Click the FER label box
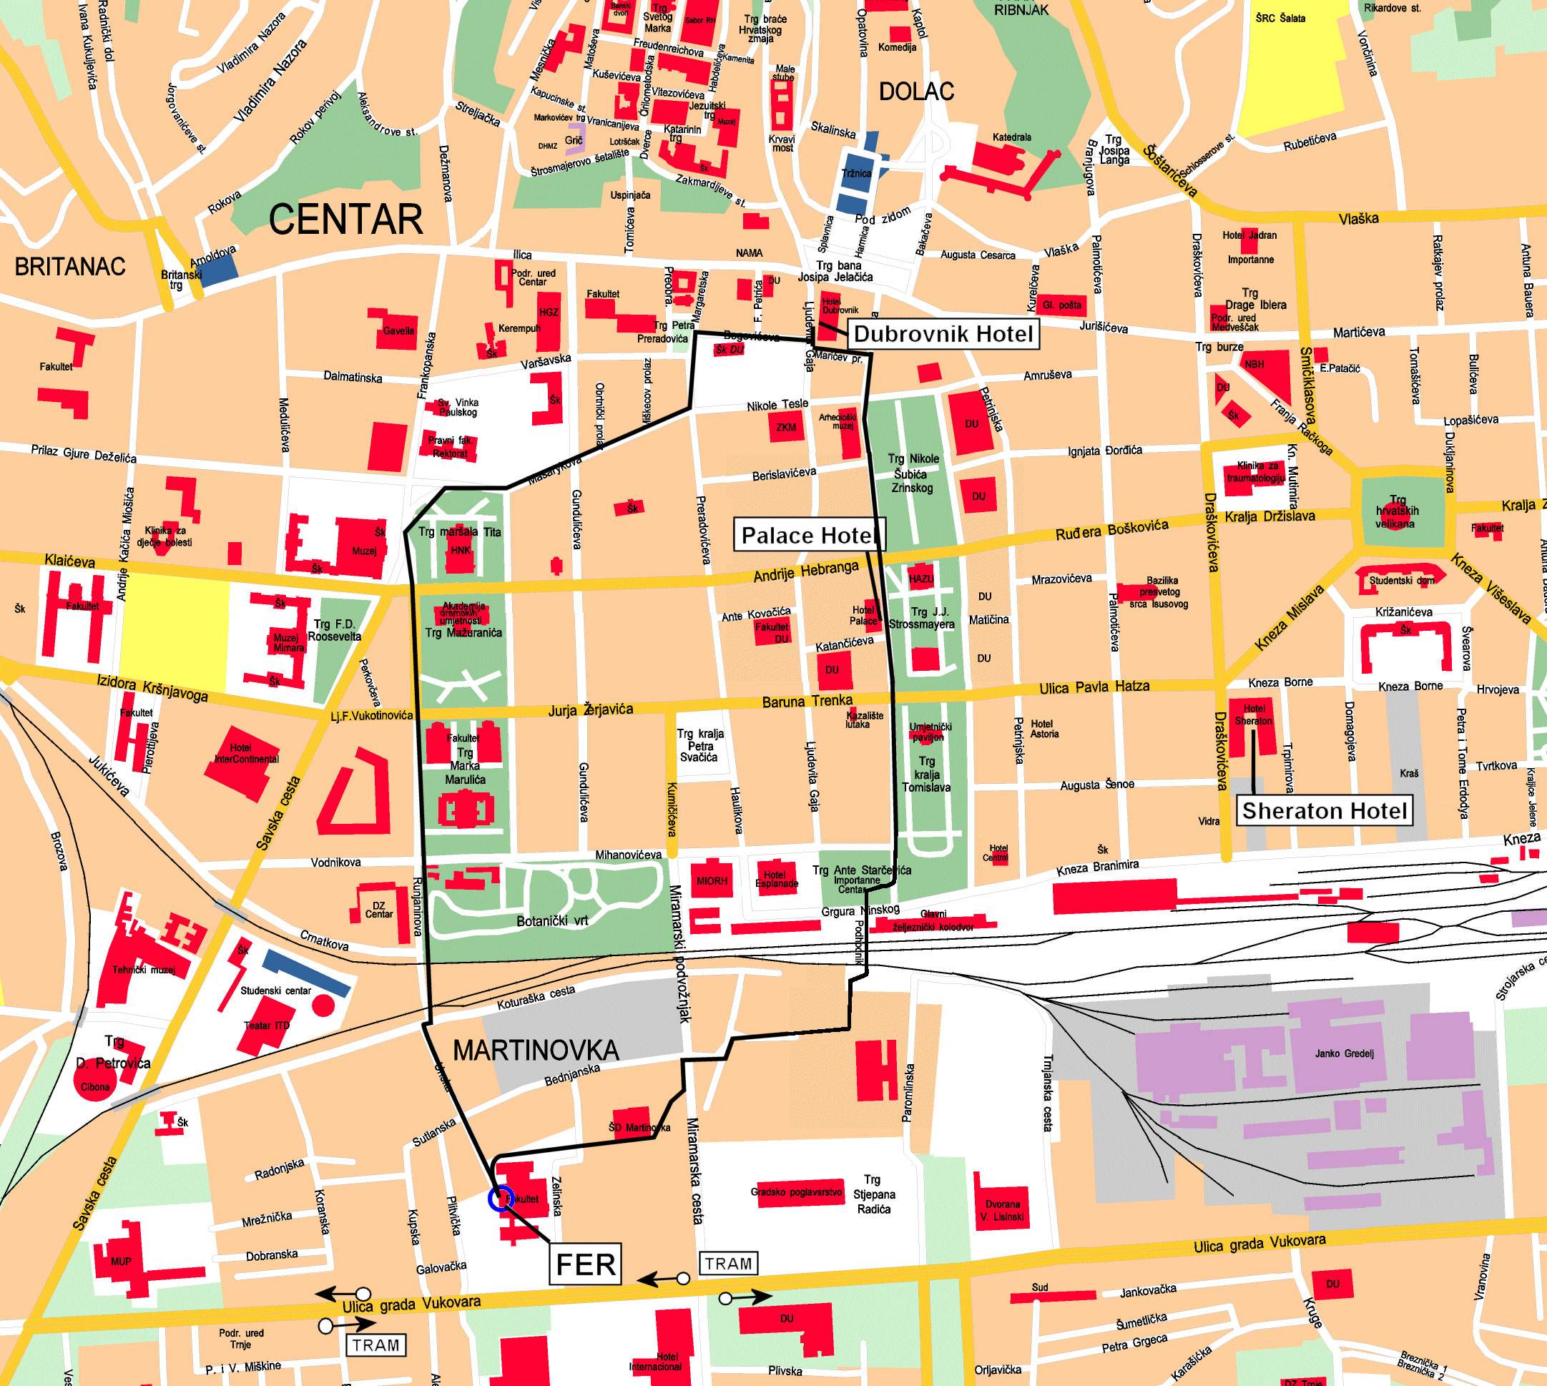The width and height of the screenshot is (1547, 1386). click(x=585, y=1264)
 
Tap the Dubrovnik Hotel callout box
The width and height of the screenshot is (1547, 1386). click(x=943, y=333)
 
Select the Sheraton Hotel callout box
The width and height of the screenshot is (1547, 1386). click(x=1325, y=810)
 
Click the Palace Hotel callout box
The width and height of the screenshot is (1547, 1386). click(x=807, y=536)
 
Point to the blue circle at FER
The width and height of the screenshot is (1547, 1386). click(x=501, y=1198)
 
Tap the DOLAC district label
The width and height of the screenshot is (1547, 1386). click(x=915, y=92)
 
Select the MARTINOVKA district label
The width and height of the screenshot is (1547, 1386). click(x=536, y=1051)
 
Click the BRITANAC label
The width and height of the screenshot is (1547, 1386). click(x=69, y=267)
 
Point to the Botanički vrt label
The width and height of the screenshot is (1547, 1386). click(x=552, y=920)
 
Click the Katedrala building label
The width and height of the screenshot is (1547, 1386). click(x=1011, y=138)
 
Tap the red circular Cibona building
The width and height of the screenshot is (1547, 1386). click(x=95, y=1086)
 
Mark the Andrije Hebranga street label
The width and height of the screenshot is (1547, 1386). click(x=805, y=572)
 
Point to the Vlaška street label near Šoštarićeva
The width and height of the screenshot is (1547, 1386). click(x=1358, y=220)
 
